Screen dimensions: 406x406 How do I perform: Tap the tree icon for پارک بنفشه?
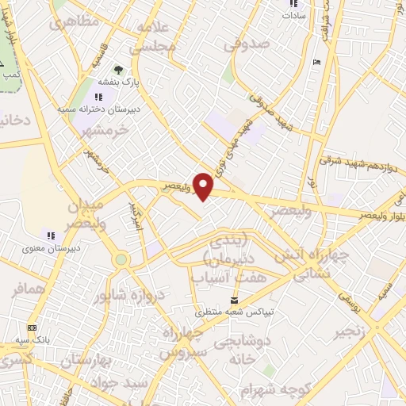(119, 70)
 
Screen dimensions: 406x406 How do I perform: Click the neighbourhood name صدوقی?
(241, 47)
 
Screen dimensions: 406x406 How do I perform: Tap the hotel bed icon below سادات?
(318, 63)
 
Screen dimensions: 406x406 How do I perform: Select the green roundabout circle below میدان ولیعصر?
(121, 259)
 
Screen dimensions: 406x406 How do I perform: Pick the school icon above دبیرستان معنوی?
(51, 235)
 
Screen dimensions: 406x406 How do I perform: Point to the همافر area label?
(29, 291)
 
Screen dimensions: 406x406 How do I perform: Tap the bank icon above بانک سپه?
(32, 327)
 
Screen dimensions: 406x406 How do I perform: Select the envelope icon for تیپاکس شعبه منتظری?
(234, 300)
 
